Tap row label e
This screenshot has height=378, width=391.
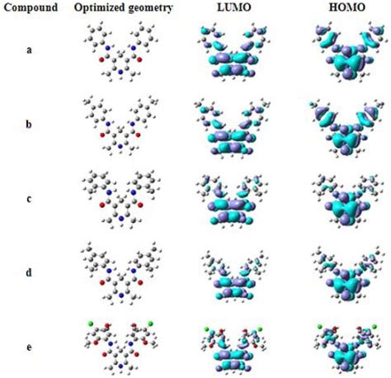click(30, 340)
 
